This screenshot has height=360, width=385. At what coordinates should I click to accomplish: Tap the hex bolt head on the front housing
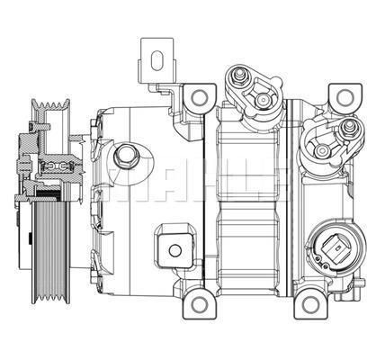(x=125, y=155)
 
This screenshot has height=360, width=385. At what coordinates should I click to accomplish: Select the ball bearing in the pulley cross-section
(x=55, y=167)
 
